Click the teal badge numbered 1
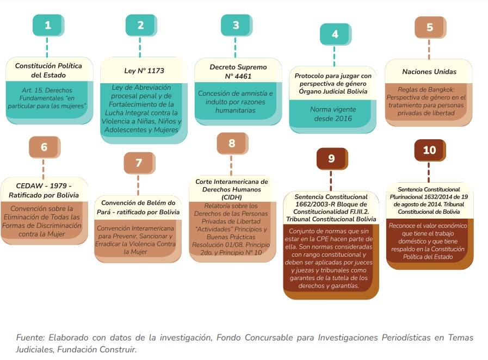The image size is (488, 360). click(x=48, y=25)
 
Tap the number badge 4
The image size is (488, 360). click(x=336, y=34)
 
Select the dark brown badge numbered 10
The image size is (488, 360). click(x=430, y=150)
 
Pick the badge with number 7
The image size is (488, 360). click(x=139, y=163)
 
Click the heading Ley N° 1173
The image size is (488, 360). click(x=144, y=71)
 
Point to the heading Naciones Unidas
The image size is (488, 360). click(x=429, y=72)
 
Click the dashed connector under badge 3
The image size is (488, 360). click(x=235, y=47)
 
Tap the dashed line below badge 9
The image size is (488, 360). click(x=331, y=181)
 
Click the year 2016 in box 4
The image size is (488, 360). click(x=344, y=119)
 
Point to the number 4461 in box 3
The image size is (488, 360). click(x=243, y=76)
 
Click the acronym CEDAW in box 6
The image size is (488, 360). click(x=29, y=186)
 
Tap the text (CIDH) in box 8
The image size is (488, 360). click(x=232, y=197)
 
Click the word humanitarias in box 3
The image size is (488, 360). click(x=235, y=110)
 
